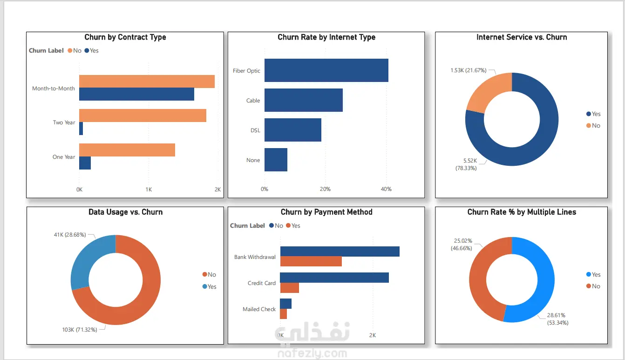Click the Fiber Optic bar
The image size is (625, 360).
[326, 70]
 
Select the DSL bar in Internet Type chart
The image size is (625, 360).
[292, 130]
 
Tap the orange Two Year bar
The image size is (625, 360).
[143, 115]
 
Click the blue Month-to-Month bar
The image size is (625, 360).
[136, 94]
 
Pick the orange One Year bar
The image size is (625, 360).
[127, 150]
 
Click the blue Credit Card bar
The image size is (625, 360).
[334, 278]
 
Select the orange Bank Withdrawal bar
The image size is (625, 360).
[311, 262]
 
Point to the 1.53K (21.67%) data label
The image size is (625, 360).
[468, 70]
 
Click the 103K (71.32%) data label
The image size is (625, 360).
[80, 330]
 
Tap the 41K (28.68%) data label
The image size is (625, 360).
[70, 235]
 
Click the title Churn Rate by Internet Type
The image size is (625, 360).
[326, 37]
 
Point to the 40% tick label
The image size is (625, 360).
[386, 189]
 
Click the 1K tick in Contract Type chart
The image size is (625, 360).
[149, 190]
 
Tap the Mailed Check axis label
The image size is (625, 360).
[259, 309]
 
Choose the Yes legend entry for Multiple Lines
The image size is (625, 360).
[593, 275]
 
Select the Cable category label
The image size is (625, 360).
[253, 101]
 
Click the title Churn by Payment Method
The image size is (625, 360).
[326, 212]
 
